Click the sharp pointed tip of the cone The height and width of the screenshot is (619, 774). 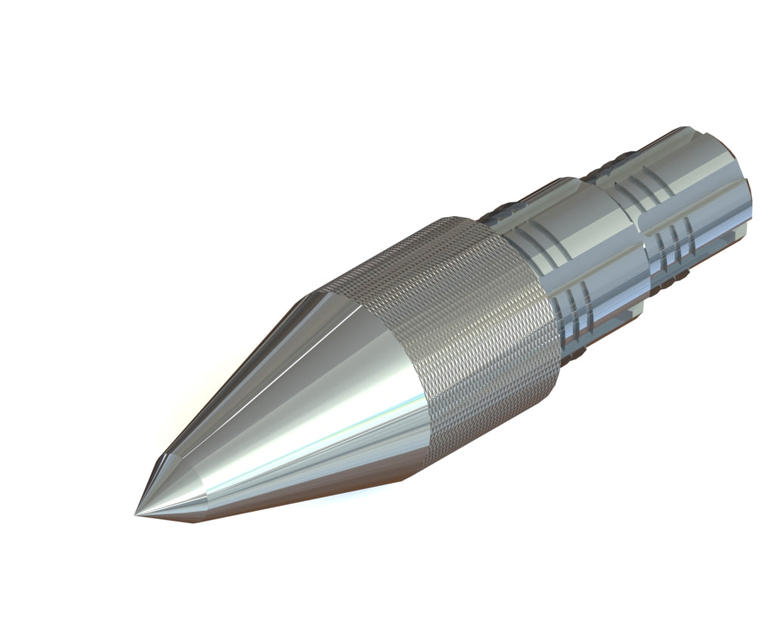(137, 515)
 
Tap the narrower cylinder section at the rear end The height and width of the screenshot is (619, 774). (695, 197)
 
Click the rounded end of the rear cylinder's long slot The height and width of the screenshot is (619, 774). (643, 221)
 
